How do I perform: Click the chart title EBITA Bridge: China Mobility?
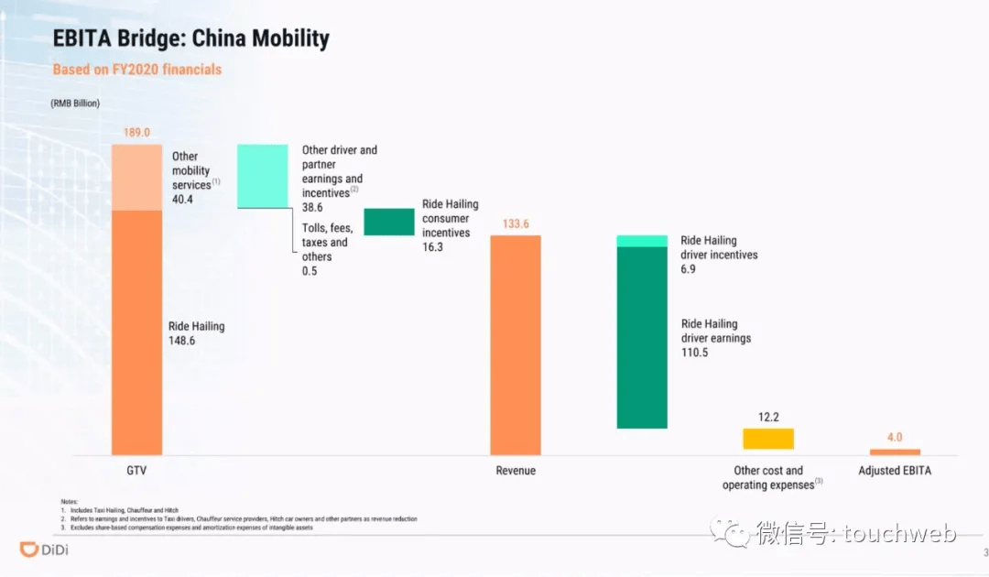(191, 38)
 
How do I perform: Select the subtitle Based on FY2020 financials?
(136, 69)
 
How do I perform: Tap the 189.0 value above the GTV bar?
(136, 133)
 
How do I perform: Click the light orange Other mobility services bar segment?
(136, 177)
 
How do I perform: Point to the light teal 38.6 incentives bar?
(262, 176)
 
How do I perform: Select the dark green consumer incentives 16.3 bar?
(389, 222)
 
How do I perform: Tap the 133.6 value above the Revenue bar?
(516, 223)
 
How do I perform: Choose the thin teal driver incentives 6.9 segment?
(642, 241)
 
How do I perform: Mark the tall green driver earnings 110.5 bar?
(642, 337)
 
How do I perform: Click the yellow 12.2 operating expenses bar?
(768, 439)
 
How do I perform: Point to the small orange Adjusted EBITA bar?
(895, 452)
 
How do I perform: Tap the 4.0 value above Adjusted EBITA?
(895, 438)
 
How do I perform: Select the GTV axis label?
(136, 471)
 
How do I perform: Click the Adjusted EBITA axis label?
(895, 471)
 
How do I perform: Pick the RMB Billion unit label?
(75, 103)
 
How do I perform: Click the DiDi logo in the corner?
(44, 550)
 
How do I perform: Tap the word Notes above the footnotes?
(70, 501)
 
